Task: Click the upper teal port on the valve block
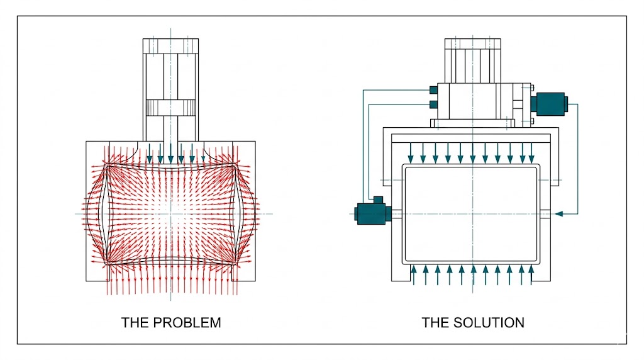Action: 433,89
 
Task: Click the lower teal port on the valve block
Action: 433,104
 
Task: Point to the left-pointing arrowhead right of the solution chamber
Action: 558,214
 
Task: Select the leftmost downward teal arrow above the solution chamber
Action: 411,152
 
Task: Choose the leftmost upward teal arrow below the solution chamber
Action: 413,275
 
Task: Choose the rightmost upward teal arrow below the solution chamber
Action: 532,275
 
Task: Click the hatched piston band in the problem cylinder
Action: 171,108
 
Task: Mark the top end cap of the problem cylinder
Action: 171,46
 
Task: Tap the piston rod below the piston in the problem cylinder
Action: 171,128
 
